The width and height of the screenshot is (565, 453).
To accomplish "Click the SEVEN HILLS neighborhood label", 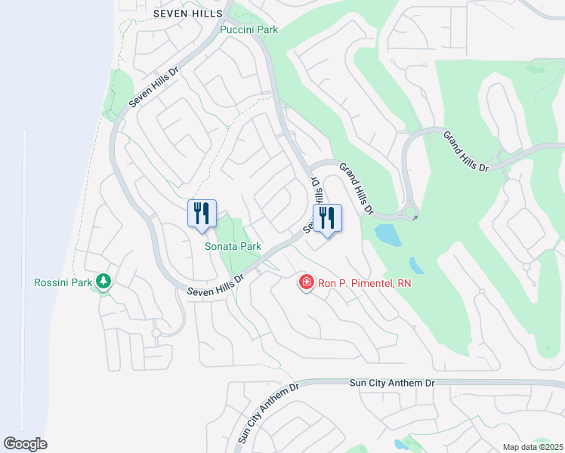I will pos(188,14).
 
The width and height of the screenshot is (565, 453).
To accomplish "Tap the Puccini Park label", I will pos(249,30).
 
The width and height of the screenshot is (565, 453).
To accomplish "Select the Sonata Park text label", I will pos(233,246).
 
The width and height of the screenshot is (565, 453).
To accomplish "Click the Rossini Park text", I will pos(63,283).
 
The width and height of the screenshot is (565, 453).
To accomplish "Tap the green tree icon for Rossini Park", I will pos(103,282).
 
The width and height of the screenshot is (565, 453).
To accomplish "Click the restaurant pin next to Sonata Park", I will pos(202,214).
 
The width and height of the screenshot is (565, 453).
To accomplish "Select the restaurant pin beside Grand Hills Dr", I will pos(327,218).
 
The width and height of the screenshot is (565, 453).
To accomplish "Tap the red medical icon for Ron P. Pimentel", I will pos(307,283).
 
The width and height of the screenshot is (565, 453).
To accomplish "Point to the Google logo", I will pos(25,444).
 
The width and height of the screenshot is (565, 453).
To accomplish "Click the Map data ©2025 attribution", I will pos(532,447).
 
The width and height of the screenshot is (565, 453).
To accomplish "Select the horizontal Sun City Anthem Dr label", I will pos(393,384).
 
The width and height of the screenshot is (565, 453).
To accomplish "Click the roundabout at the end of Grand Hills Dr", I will pos(411,213).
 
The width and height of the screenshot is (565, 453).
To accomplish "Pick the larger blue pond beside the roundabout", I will pos(388,234).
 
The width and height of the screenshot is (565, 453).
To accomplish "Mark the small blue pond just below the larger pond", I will pos(416,266).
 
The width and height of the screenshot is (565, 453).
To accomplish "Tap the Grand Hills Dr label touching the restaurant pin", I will pos(356,188).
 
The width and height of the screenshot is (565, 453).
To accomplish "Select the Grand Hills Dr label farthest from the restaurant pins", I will pos(466,152).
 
